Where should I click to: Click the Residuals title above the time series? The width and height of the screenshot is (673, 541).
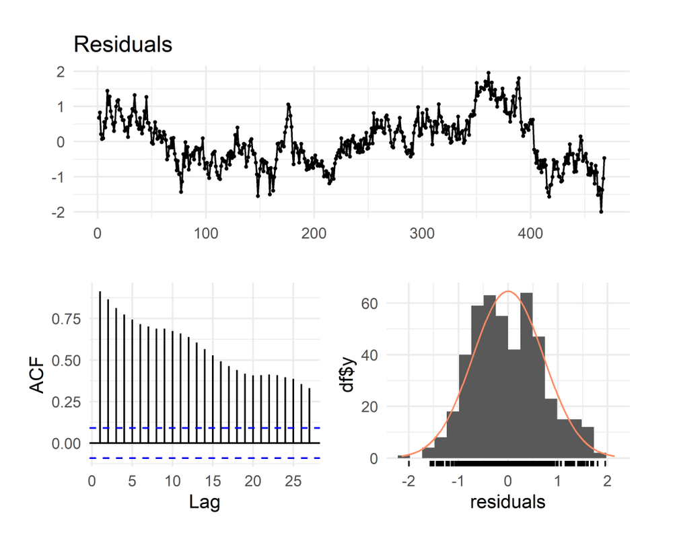[122, 44]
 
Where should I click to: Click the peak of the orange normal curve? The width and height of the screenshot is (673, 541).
[508, 291]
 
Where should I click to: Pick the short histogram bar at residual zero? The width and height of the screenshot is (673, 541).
[514, 404]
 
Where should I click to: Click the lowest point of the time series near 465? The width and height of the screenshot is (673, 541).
[601, 212]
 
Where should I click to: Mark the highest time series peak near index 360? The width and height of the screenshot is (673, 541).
[488, 73]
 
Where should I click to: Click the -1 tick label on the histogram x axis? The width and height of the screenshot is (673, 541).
[458, 482]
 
